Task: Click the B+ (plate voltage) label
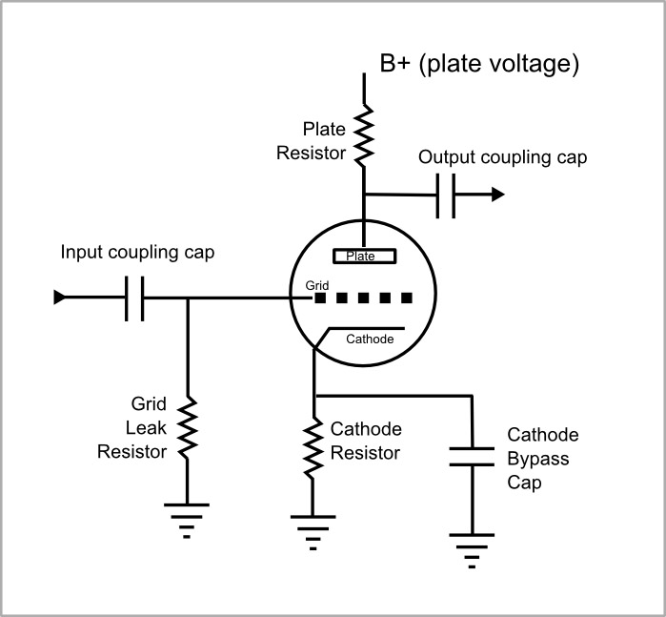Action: pyautogui.click(x=479, y=64)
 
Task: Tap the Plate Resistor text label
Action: pyautogui.click(x=311, y=140)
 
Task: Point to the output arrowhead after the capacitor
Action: pyautogui.click(x=496, y=195)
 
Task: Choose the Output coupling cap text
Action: pyautogui.click(x=503, y=157)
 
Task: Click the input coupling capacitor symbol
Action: pyautogui.click(x=134, y=298)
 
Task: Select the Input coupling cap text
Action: pyautogui.click(x=137, y=253)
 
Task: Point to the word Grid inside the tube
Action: pyautogui.click(x=317, y=284)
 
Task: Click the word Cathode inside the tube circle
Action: pyautogui.click(x=369, y=339)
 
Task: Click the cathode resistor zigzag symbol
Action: pyautogui.click(x=313, y=448)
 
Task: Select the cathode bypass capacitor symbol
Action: pyautogui.click(x=472, y=456)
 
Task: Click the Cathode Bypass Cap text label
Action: pyautogui.click(x=542, y=459)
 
